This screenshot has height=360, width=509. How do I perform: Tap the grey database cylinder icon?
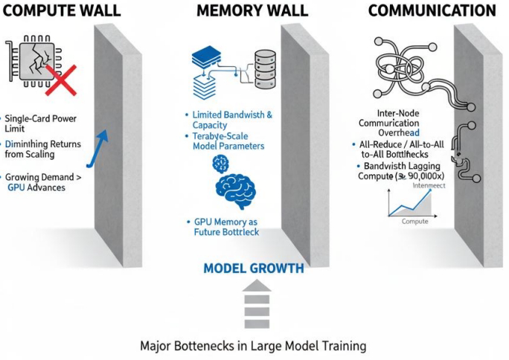pyautogui.click(x=264, y=65)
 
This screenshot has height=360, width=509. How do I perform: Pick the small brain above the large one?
pyautogui.click(x=221, y=163)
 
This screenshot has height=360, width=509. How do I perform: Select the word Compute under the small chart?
pyautogui.click(x=414, y=222)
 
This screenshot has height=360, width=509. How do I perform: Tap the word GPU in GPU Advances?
pyautogui.click(x=15, y=189)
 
